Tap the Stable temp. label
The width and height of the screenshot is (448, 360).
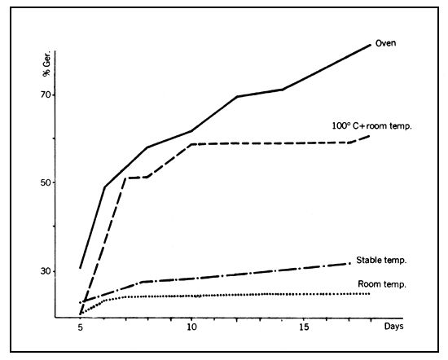(381, 260)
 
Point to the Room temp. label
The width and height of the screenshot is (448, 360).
(382, 283)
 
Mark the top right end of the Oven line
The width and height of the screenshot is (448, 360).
(371, 44)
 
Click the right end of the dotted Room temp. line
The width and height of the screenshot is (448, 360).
(370, 293)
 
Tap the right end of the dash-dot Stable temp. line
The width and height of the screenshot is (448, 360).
(349, 263)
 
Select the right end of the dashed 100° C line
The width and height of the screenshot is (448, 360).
(370, 135)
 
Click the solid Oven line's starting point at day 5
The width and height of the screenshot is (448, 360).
(80, 267)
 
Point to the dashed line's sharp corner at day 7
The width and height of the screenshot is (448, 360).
(125, 178)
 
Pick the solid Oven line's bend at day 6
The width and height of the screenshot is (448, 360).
(103, 187)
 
